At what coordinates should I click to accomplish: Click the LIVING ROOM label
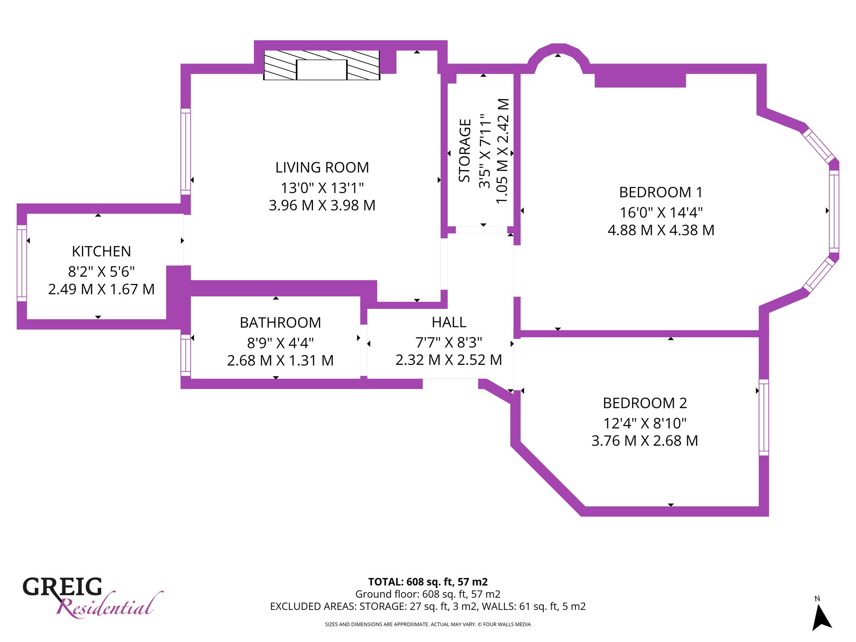322,168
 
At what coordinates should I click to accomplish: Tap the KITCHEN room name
102,252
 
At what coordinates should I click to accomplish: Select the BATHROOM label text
280,323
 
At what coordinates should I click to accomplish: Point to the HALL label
449,322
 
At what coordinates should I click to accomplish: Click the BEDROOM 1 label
661,192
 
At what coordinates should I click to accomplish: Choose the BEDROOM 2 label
645,403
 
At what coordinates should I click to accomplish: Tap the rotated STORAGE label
465,150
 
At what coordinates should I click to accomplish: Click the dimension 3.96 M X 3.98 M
322,205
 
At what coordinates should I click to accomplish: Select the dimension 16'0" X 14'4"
661,212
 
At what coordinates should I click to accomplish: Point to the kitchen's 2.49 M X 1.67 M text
102,289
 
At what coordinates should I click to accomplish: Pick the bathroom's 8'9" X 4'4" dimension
280,343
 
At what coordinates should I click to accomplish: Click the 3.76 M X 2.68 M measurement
645,441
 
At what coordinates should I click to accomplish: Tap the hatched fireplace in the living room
322,65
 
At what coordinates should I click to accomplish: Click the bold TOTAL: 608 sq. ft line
428,582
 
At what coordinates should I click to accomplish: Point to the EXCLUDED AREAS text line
428,606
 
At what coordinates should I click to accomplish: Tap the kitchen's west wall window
22,263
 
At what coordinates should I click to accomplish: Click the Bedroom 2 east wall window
764,417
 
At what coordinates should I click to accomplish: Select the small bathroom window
186,355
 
